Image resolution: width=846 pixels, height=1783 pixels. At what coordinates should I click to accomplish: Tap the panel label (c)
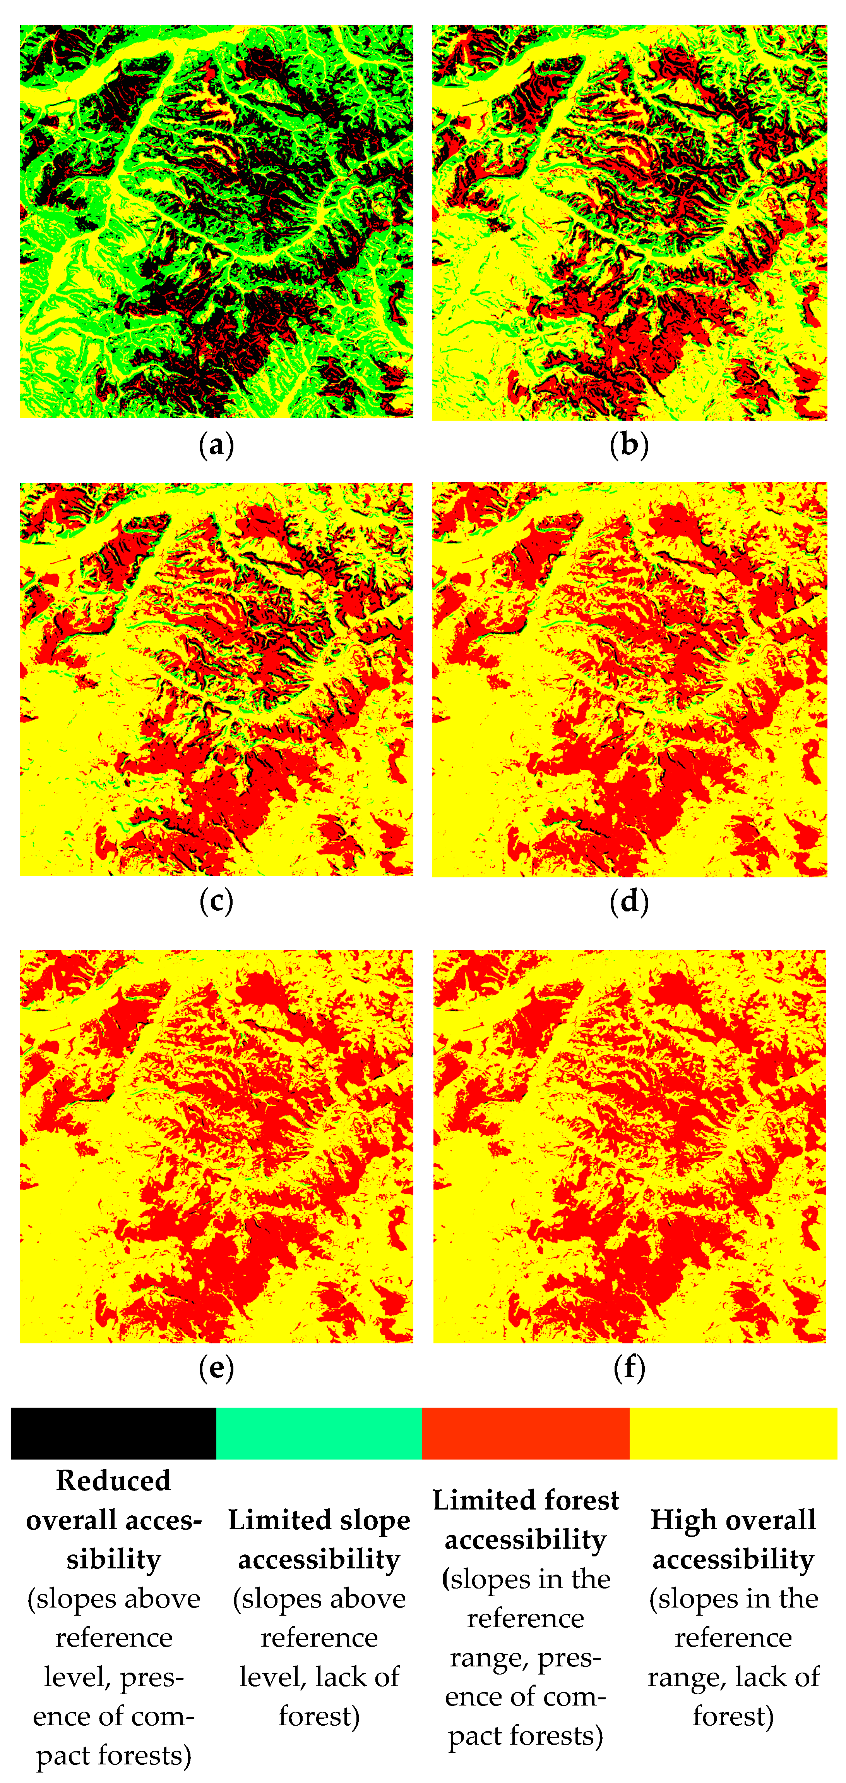(216, 901)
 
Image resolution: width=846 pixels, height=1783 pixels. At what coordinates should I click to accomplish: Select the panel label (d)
(629, 901)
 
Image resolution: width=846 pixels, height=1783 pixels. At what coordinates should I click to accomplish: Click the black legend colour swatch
(113, 1433)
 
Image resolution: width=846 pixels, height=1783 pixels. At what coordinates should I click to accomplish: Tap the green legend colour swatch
(319, 1433)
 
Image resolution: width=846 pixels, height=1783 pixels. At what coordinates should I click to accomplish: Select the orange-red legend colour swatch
(525, 1433)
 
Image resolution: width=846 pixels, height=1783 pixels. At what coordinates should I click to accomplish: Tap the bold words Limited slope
(319, 1520)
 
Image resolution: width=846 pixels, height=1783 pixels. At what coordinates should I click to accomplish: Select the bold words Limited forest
(525, 1500)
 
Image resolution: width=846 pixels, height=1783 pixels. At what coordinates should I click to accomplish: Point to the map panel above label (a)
(216, 222)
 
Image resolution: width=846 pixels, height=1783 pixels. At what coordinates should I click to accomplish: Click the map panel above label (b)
(629, 222)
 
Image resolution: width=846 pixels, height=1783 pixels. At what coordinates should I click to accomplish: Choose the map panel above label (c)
(216, 679)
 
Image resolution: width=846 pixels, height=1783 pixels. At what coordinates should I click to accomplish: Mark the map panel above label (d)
(629, 679)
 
